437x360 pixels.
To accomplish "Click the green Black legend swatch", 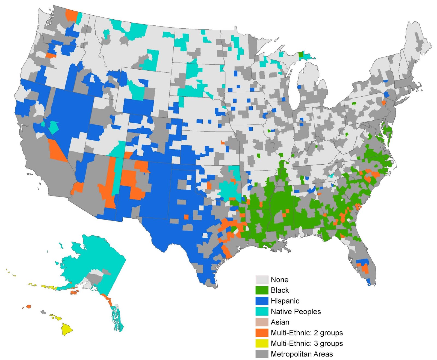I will point(262,290).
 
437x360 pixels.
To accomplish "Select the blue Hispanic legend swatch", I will point(262,301).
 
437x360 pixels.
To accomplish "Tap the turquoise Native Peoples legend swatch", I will point(262,311).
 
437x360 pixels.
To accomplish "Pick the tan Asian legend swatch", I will point(262,322).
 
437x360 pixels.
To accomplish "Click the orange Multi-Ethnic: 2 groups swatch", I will point(262,333).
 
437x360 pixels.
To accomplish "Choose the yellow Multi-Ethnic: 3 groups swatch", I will point(262,343).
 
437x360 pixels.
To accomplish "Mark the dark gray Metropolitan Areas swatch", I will point(262,354).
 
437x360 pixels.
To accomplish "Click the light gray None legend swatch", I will point(262,280).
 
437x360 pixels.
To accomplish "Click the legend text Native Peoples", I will point(296,311).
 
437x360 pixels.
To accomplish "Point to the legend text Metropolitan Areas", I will point(302,354).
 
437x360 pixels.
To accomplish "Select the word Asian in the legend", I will point(280,322).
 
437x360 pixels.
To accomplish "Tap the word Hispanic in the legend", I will point(285,301).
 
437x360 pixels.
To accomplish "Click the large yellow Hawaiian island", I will point(67,329).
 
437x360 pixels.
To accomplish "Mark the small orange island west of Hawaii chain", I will point(28,307).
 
